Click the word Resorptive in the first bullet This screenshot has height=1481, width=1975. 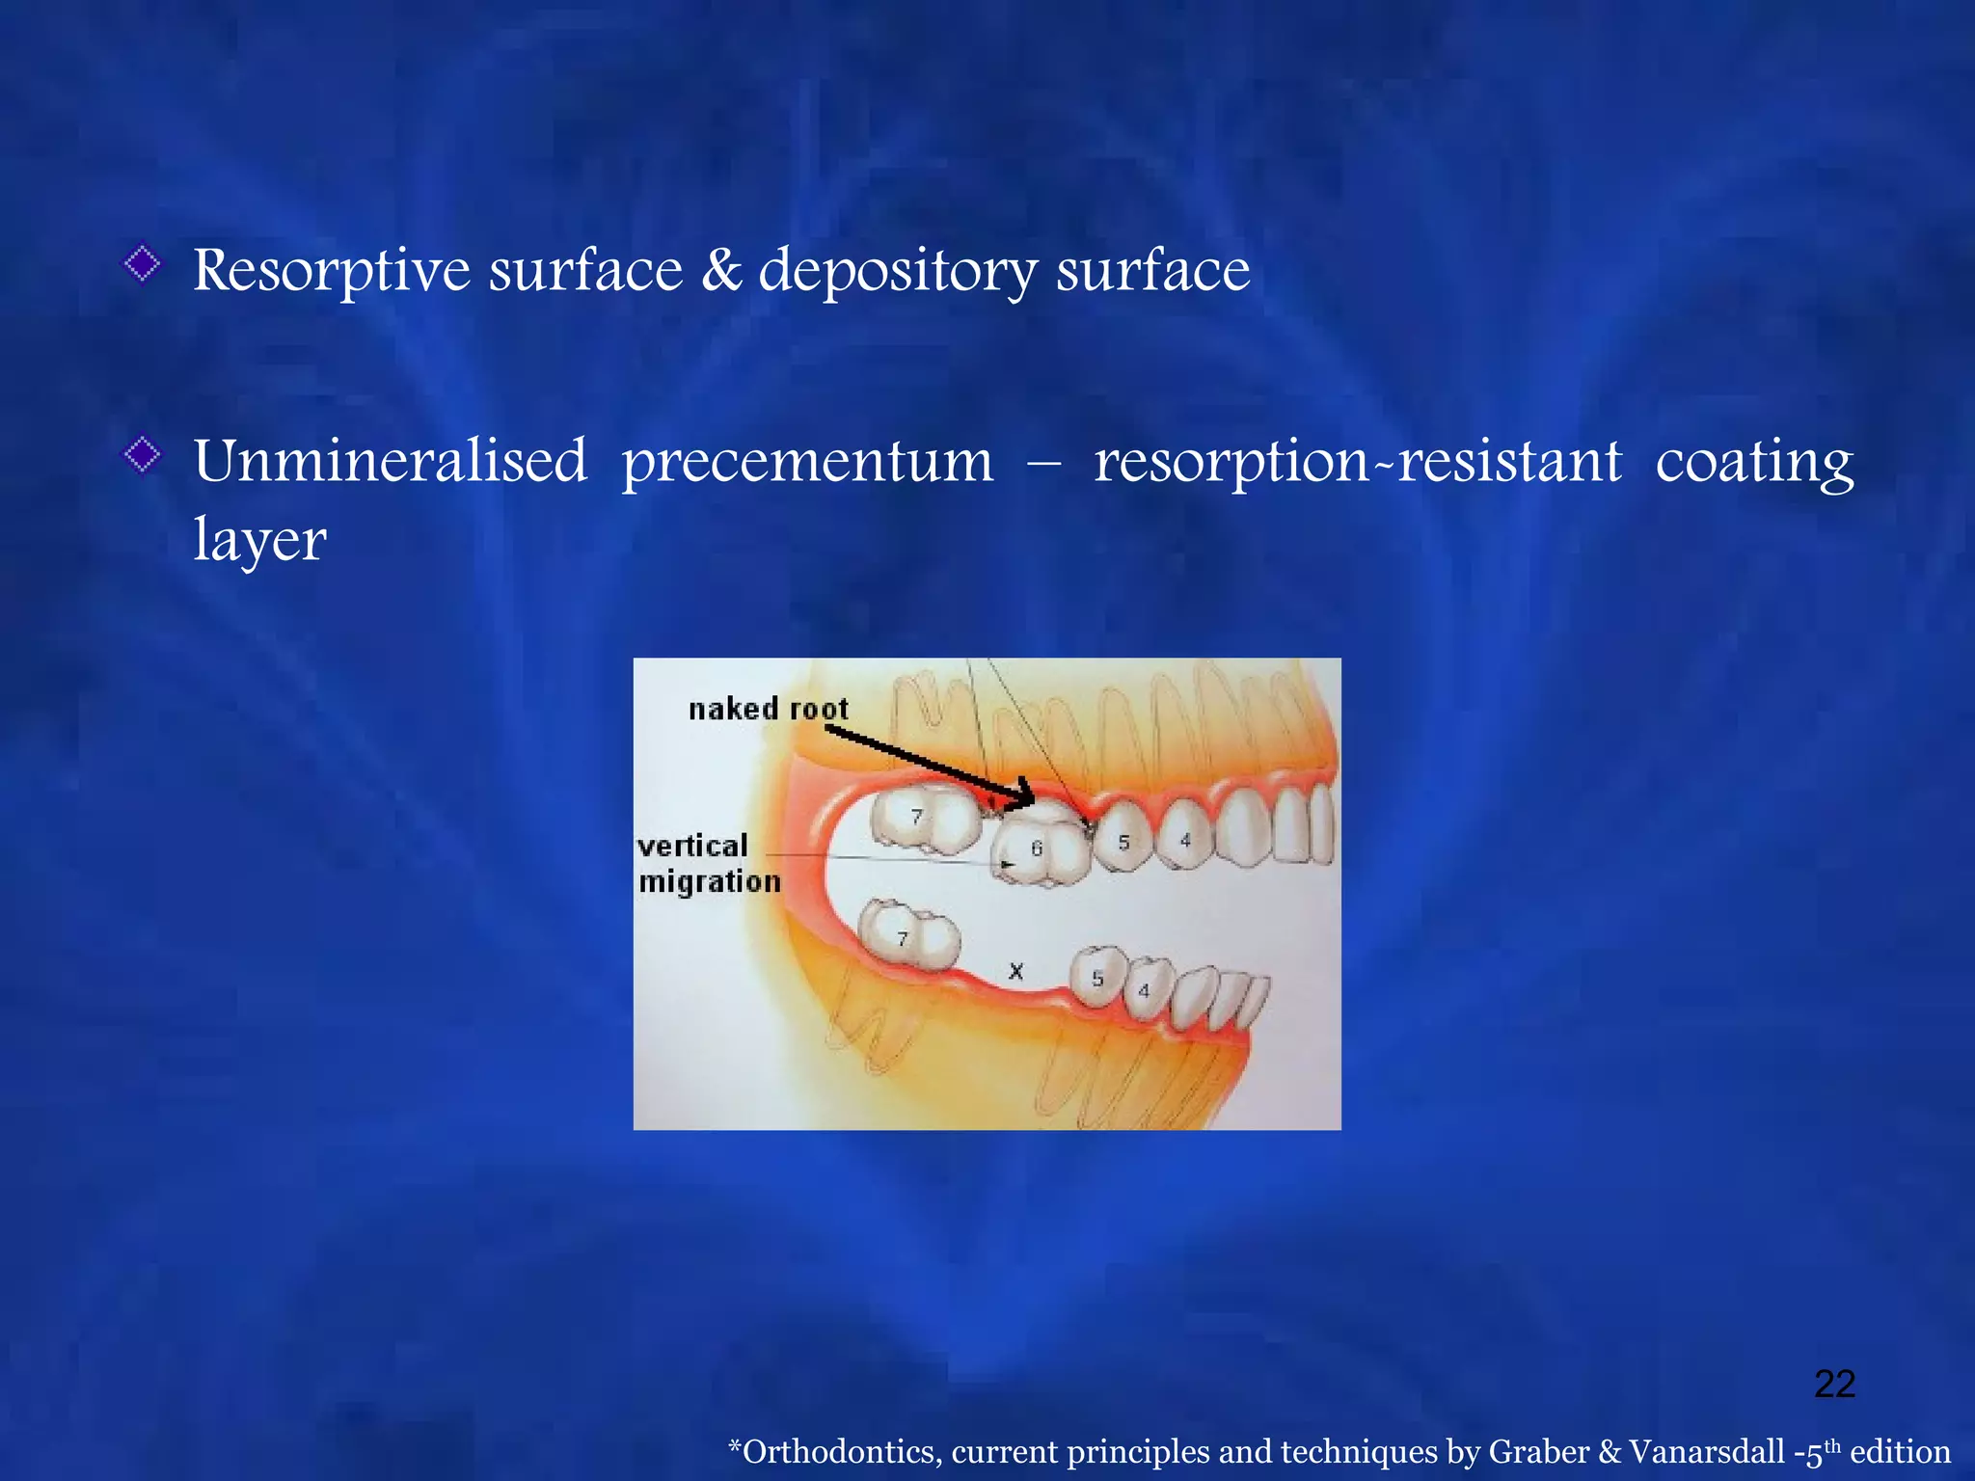click(331, 271)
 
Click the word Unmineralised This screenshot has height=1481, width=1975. click(390, 461)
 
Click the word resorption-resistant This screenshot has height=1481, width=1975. click(1357, 461)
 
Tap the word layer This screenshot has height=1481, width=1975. click(259, 540)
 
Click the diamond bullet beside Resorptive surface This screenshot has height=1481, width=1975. click(143, 262)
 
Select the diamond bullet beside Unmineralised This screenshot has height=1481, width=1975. click(143, 454)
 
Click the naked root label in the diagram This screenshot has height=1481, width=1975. click(768, 710)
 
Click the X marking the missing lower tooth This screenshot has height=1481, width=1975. click(1015, 971)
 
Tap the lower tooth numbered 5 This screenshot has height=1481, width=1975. click(1098, 978)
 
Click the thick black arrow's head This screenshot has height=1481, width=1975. click(1022, 795)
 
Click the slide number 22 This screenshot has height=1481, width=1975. click(1834, 1384)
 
